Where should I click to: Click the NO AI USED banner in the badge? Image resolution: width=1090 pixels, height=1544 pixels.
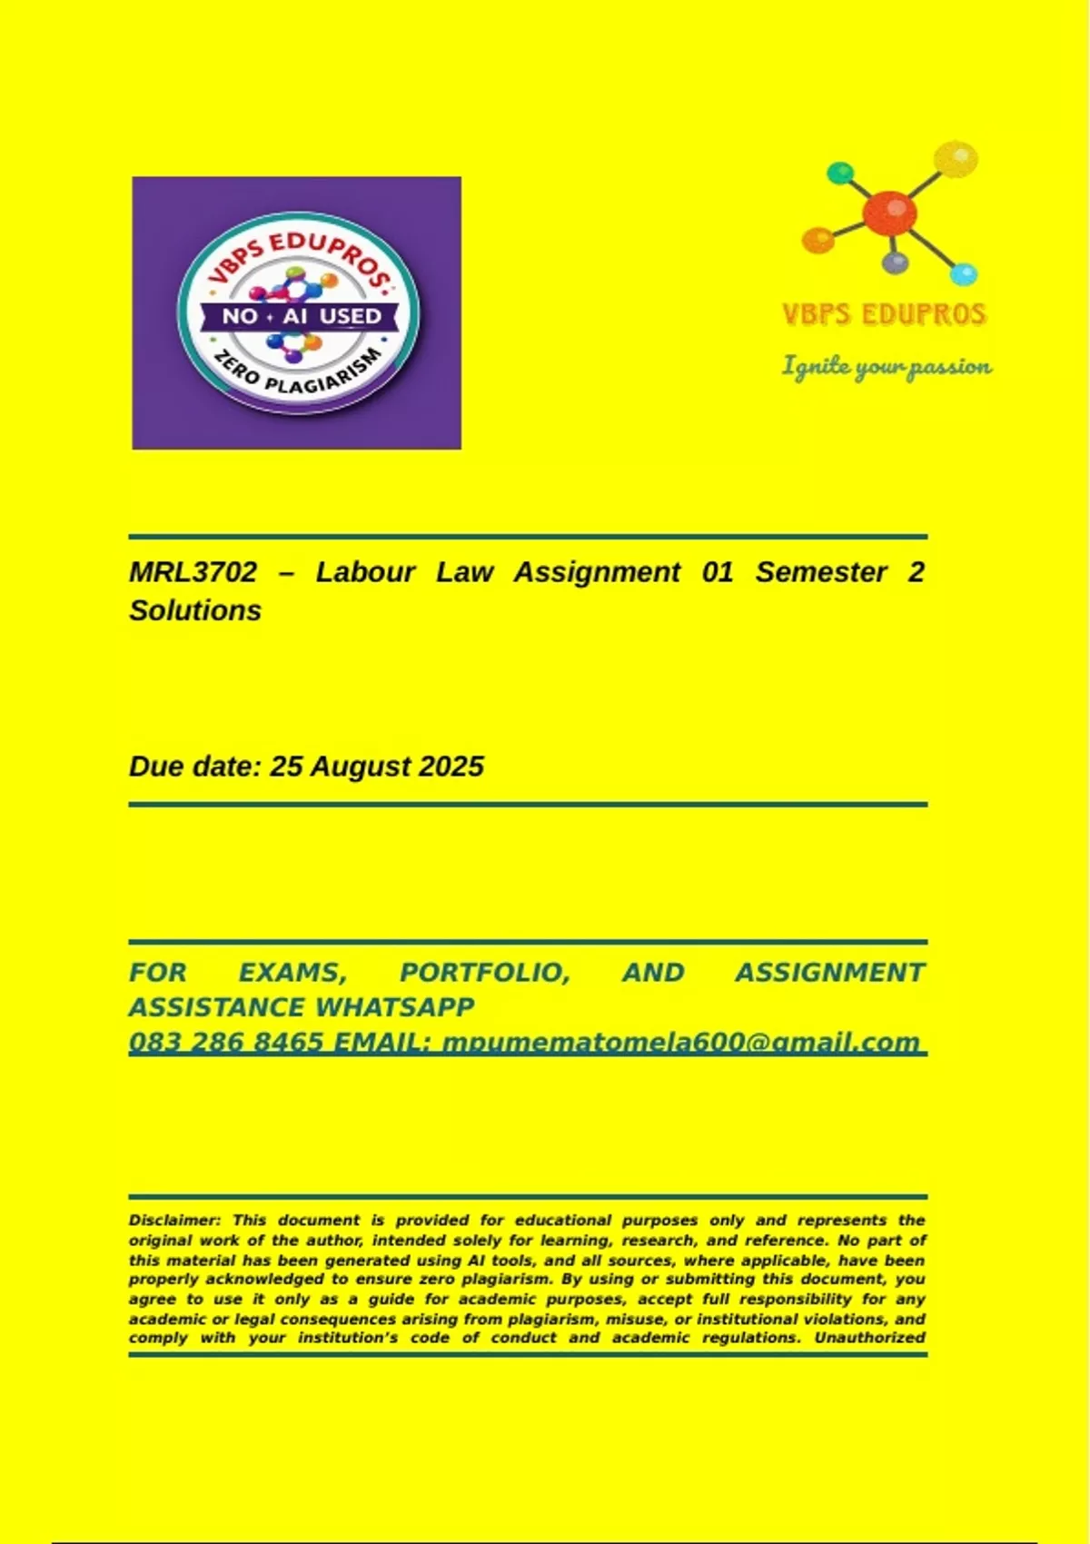click(x=300, y=316)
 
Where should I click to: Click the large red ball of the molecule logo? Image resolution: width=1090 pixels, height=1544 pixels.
click(x=888, y=214)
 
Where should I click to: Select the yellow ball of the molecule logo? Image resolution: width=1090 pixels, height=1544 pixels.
click(x=955, y=159)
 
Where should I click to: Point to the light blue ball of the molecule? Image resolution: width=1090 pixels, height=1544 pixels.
click(x=963, y=272)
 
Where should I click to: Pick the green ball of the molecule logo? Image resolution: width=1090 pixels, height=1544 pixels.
click(x=840, y=173)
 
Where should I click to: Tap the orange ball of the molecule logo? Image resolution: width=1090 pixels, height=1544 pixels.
click(x=817, y=240)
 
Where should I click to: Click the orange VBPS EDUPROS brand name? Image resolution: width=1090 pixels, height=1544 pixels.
click(x=884, y=314)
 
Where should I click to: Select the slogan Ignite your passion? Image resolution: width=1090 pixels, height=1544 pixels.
click(x=887, y=366)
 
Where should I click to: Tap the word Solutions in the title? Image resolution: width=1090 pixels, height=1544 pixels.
click(x=194, y=610)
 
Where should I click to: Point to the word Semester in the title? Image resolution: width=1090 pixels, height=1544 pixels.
click(x=820, y=572)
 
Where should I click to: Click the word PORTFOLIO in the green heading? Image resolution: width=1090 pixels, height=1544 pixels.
click(x=484, y=973)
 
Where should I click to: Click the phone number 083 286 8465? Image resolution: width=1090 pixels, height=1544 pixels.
click(x=225, y=1042)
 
